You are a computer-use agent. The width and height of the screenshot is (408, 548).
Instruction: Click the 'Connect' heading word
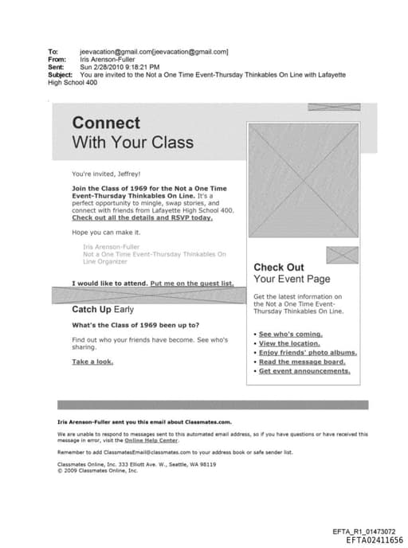point(106,123)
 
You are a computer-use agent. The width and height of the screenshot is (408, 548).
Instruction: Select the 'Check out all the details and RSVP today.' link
point(142,217)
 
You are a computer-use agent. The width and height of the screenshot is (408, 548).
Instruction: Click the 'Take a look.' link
point(92,362)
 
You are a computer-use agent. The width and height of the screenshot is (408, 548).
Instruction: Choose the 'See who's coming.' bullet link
point(290,334)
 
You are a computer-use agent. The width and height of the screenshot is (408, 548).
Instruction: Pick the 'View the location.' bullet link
point(290,343)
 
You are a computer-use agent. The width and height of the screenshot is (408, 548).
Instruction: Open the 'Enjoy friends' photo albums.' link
point(308,352)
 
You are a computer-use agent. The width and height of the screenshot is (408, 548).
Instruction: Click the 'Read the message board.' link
point(302,362)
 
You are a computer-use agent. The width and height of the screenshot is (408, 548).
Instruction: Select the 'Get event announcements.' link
point(304,371)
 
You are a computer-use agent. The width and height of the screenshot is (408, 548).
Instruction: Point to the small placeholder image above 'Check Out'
point(343,256)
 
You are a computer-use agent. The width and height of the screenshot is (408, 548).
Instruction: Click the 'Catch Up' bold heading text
point(92,309)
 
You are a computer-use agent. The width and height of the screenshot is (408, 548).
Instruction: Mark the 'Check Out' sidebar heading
point(278,268)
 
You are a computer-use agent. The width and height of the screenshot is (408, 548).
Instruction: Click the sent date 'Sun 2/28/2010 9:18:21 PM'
point(120,67)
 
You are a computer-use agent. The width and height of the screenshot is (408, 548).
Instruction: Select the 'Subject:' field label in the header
point(61,74)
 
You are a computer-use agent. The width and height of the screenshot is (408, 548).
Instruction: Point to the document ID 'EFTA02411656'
point(375,540)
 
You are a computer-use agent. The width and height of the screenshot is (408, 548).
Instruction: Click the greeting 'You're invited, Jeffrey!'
point(106,173)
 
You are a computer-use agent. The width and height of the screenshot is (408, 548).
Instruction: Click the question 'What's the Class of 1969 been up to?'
point(135,325)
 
